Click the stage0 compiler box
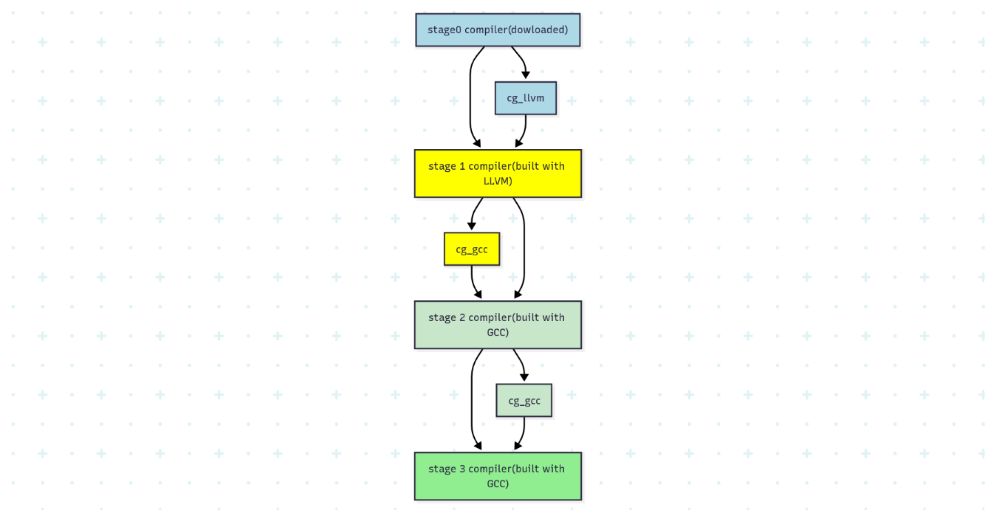pos(498,30)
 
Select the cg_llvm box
pos(526,98)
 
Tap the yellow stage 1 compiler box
pos(498,173)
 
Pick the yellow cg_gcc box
pos(472,249)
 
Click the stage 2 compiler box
pos(498,325)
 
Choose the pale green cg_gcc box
pos(524,401)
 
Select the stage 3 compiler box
pos(498,476)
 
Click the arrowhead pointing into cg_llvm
pos(526,75)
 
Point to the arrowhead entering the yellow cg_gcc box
pos(472,226)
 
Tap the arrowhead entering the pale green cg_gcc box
pos(524,377)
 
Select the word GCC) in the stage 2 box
pos(498,332)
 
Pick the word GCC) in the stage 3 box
pos(498,483)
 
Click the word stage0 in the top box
pos(445,30)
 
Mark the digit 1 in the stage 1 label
pos(462,166)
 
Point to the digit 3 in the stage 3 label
pos(462,469)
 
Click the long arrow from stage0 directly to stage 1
pos(470,97)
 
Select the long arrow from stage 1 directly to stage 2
pos(524,249)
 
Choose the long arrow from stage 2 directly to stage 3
pos(472,400)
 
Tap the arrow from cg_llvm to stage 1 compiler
pos(524,131)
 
